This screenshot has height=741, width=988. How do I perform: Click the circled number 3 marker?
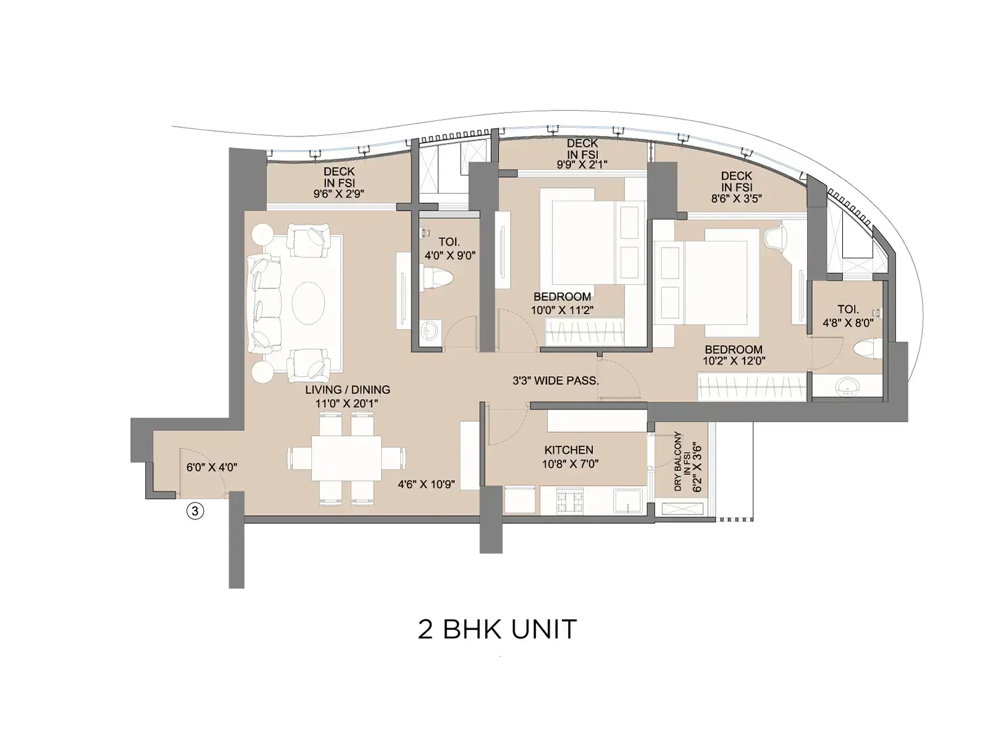[x=195, y=511]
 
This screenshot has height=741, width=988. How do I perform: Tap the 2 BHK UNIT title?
[x=498, y=630]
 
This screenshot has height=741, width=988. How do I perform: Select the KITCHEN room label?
[x=569, y=450]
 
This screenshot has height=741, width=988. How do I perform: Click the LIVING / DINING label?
[x=348, y=390]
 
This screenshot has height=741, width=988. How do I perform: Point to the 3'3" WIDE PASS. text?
[x=556, y=381]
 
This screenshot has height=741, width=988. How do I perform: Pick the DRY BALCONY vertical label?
[x=677, y=461]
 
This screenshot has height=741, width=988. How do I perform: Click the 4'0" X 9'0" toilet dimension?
[x=450, y=256]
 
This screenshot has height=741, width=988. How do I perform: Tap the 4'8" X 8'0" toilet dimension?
[x=848, y=322]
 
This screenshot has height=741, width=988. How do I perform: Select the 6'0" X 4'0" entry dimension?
[x=212, y=467]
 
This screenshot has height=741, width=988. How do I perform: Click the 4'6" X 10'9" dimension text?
[x=426, y=485]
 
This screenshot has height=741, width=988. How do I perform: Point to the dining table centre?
[x=346, y=459]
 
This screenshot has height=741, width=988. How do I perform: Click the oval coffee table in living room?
[x=308, y=303]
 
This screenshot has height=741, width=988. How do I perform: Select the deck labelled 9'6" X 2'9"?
[x=339, y=182]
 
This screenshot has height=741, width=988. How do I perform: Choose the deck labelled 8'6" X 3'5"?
[x=736, y=187]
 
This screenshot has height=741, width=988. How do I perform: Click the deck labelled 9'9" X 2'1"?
[x=582, y=154]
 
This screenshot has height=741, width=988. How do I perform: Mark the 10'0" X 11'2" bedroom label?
[x=562, y=303]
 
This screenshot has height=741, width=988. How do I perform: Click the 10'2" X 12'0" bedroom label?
[x=734, y=355]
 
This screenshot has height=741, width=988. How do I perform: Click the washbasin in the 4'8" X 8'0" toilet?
[x=846, y=388]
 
